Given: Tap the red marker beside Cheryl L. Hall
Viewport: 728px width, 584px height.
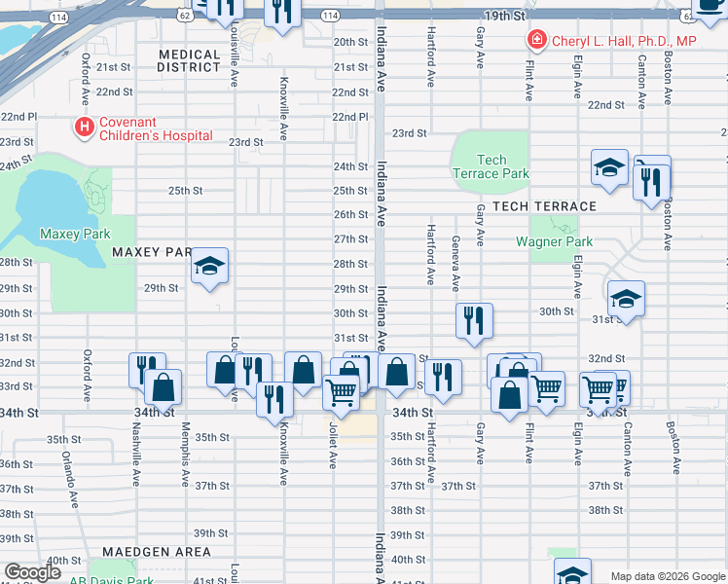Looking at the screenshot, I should click(x=535, y=40).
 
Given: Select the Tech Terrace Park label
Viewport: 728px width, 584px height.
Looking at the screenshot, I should click(x=491, y=166).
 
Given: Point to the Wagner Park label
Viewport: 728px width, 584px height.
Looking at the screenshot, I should click(x=554, y=241).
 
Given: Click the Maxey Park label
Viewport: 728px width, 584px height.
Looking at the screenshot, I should click(x=75, y=234).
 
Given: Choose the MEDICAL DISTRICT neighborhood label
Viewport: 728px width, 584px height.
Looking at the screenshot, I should click(x=189, y=60).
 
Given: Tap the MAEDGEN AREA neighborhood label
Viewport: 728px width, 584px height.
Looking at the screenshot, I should click(x=163, y=552).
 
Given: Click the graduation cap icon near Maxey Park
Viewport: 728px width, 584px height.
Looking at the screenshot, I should click(x=209, y=266).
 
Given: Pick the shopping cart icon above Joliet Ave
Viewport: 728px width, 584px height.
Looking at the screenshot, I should click(x=341, y=391).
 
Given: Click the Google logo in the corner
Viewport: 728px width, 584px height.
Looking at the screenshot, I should click(x=32, y=572).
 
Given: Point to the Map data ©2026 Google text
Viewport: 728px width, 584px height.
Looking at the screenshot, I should click(x=668, y=576).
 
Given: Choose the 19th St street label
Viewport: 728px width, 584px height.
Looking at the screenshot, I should click(x=505, y=17).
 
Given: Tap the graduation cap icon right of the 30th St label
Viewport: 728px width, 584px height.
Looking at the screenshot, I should click(x=626, y=299).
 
